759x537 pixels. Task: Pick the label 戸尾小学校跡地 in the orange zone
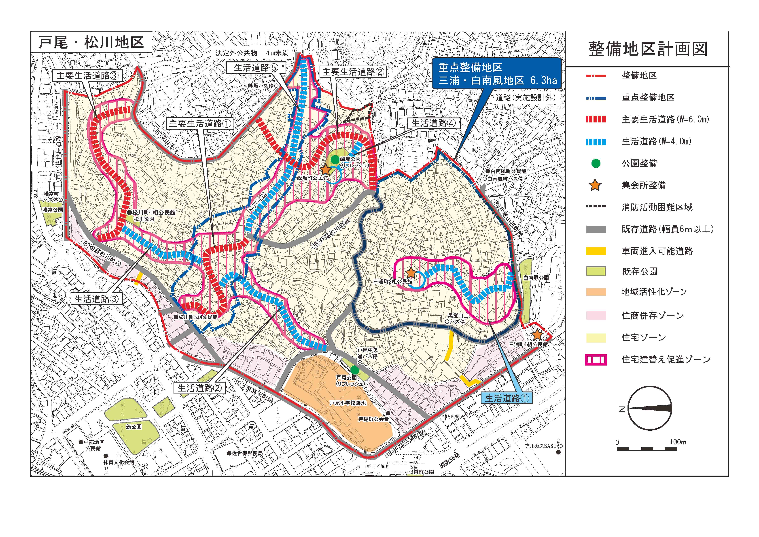[348, 403]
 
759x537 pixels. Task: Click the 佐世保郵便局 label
[247, 453]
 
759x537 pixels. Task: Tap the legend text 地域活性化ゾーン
[654, 292]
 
